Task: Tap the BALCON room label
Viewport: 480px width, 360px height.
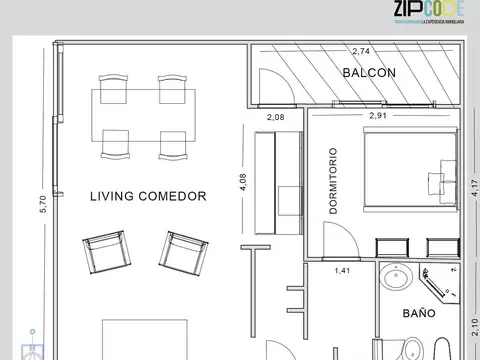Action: tap(369, 73)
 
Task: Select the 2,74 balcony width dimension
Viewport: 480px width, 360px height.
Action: tap(361, 50)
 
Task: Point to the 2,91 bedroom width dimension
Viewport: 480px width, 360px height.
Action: tap(379, 116)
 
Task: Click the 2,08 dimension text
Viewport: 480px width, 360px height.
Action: tap(276, 117)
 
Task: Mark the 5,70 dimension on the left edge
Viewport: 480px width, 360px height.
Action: tap(42, 204)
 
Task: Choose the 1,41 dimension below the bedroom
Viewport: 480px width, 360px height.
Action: tap(342, 270)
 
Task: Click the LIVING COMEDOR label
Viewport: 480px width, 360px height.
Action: tap(147, 197)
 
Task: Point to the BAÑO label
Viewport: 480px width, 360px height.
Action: tap(419, 313)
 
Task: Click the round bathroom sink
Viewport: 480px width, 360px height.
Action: tap(398, 279)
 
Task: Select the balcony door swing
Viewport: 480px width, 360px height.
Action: tap(275, 87)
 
